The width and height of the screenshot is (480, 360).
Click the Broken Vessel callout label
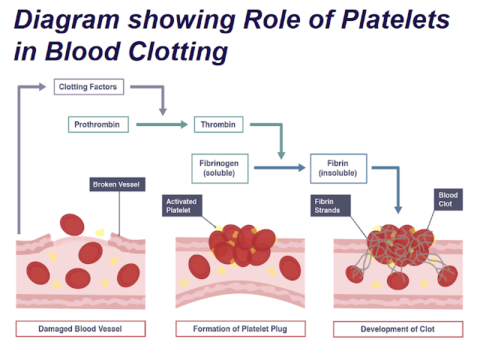(x=117, y=184)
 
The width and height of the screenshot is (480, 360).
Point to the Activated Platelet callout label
(x=181, y=205)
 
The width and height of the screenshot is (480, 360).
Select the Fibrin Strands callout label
(x=330, y=205)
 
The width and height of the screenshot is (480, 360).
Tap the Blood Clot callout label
(x=448, y=199)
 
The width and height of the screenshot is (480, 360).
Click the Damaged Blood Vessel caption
(x=80, y=328)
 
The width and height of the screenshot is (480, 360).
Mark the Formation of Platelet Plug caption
(x=240, y=328)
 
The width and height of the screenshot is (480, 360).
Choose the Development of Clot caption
(x=398, y=329)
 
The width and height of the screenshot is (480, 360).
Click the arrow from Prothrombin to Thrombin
(x=162, y=124)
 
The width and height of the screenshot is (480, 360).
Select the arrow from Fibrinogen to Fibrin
(x=280, y=167)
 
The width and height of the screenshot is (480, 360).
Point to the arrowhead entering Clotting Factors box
(x=43, y=87)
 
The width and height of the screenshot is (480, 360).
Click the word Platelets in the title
(x=395, y=19)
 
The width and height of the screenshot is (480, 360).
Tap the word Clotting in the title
(x=178, y=52)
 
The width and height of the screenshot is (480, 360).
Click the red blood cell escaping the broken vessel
(x=72, y=225)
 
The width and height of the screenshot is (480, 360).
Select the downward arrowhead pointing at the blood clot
(x=398, y=210)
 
